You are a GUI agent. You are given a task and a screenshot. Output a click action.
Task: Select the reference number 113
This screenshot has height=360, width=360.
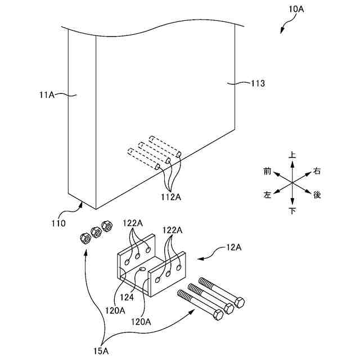click(x=258, y=83)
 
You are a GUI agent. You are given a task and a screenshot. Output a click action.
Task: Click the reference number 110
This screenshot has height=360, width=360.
click(x=58, y=223)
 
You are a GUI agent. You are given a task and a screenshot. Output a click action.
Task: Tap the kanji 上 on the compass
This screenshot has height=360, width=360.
click(x=292, y=154)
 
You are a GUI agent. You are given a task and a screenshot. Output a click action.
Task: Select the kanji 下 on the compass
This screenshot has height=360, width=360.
click(x=292, y=211)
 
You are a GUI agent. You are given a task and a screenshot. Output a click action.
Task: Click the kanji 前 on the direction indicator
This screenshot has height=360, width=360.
click(x=267, y=170)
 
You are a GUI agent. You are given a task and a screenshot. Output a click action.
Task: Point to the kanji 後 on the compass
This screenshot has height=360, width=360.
click(x=317, y=195)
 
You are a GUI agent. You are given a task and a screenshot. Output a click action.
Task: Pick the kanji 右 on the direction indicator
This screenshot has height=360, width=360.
click(x=317, y=170)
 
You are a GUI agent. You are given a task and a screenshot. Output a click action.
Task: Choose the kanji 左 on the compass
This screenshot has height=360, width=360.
click(x=267, y=195)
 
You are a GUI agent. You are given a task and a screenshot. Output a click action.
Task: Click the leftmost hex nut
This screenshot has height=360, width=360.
click(x=84, y=239)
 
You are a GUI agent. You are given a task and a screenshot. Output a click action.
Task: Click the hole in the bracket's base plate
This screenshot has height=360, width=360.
click(x=143, y=271)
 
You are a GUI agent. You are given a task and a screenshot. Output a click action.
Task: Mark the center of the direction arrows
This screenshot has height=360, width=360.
click(x=292, y=182)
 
